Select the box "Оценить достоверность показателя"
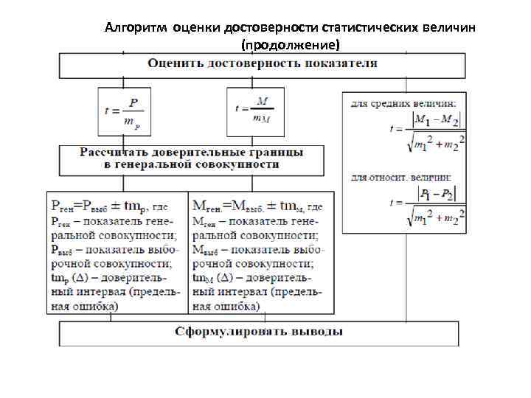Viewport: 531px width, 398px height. click(263, 63)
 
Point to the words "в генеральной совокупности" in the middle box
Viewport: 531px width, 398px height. click(190, 164)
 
